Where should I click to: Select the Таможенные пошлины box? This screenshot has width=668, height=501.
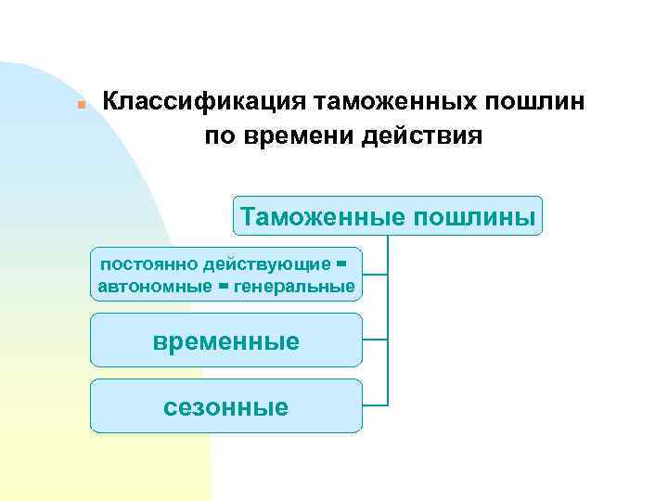coord(387,216)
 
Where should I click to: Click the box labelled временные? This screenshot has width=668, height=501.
coord(225,340)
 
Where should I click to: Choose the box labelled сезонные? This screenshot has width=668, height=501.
coord(225,406)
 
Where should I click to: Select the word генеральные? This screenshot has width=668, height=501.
coord(295,287)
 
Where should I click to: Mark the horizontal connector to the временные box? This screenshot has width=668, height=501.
coord(375,340)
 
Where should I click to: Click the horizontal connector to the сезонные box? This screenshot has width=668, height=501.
coord(375,405)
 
